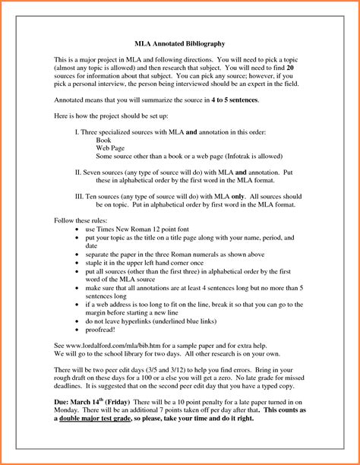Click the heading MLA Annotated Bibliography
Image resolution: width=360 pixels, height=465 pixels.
coord(178,45)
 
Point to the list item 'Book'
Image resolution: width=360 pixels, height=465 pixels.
coord(105,141)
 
